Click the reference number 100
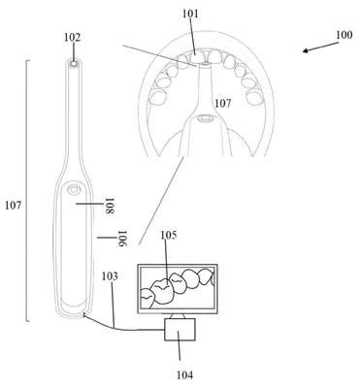[344, 35]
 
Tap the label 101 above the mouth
[190, 14]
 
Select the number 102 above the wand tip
[72, 38]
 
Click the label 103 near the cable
[110, 276]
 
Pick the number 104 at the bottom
[184, 374]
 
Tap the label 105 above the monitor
[169, 236]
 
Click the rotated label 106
[121, 239]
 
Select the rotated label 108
[111, 206]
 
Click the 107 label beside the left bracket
[13, 205]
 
